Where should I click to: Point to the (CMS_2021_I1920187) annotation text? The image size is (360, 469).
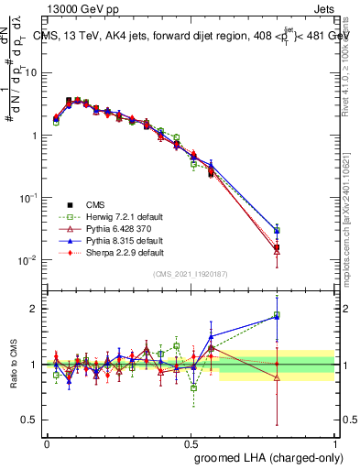[191, 274]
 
